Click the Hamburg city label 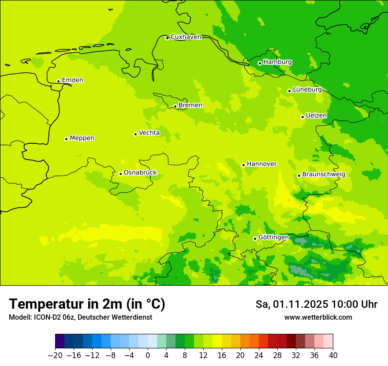[277, 62]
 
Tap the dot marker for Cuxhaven [167, 38]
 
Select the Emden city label [72, 80]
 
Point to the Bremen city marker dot [175, 106]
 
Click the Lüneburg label [307, 90]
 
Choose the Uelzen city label [316, 116]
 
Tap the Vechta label [149, 133]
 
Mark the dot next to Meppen [66, 139]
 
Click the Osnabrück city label [140, 172]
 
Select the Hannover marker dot [243, 165]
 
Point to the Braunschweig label [324, 175]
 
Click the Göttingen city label [273, 237]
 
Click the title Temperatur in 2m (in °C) [87, 304]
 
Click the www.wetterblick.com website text [318, 317]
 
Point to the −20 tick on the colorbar [55, 355]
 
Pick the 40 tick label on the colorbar [333, 355]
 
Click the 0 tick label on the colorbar [148, 355]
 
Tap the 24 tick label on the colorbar [259, 355]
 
